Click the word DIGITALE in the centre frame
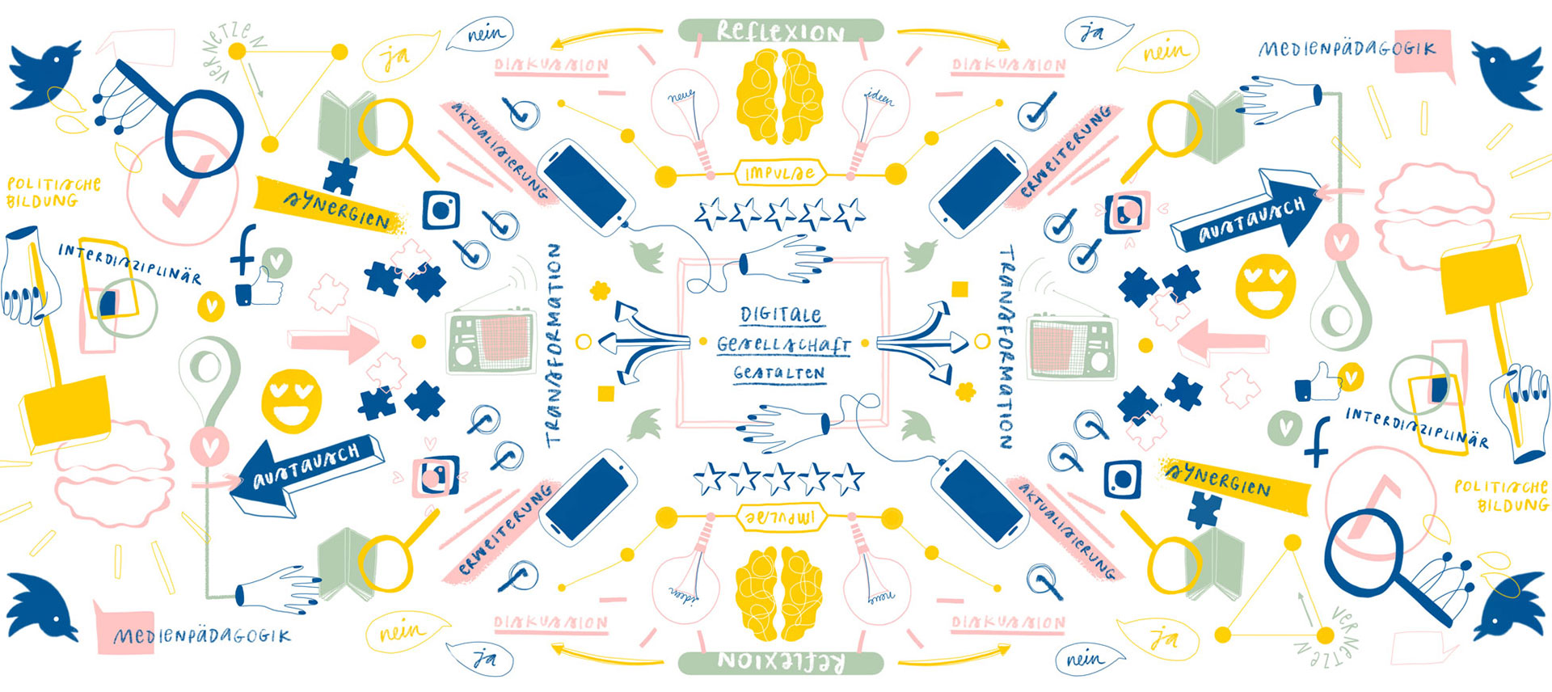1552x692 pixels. pos(780,314)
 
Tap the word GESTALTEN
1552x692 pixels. pos(779,373)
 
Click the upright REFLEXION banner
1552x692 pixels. pos(780,32)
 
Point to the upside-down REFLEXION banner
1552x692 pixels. pos(780,662)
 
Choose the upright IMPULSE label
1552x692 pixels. pos(779,173)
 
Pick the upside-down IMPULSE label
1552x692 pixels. pos(779,517)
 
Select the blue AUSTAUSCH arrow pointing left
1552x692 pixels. pos(303,477)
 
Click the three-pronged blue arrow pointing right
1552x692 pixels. pos(921,344)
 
